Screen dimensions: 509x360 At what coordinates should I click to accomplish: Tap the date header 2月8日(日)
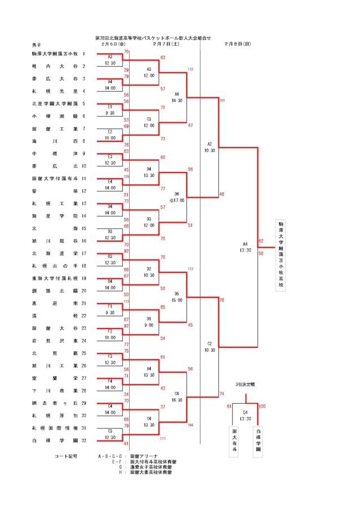pyautogui.click(x=237, y=44)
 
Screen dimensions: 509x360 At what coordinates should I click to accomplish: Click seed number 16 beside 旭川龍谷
pyautogui.click(x=83, y=240)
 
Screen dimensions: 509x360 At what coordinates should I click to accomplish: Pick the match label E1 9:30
pyautogui.click(x=110, y=110)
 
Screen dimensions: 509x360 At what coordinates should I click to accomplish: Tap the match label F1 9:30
pyautogui.click(x=110, y=308)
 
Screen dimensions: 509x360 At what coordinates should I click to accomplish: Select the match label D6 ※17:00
pyautogui.click(x=177, y=197)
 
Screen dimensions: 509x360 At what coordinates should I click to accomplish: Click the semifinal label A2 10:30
pyautogui.click(x=209, y=147)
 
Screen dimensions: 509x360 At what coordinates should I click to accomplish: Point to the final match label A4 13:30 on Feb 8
pyautogui.click(x=245, y=247)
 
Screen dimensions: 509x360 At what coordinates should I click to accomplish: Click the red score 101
pyautogui.click(x=222, y=100)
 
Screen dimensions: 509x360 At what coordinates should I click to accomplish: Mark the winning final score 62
pyautogui.click(x=261, y=241)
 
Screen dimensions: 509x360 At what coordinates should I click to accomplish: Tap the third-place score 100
pyautogui.click(x=262, y=406)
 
